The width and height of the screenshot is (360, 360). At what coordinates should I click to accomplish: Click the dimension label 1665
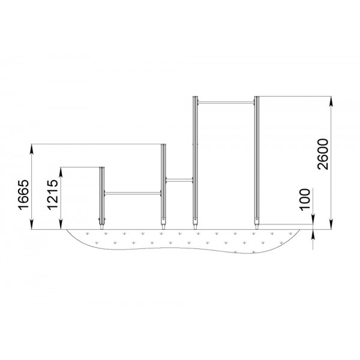pos(24,194)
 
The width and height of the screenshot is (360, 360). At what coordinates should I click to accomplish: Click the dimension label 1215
pos(53,194)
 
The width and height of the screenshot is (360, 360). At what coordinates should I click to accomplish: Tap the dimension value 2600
pos(323,154)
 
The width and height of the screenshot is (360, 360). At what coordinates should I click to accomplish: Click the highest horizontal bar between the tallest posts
pos(226,103)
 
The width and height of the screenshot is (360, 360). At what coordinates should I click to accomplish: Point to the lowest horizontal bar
pos(133,193)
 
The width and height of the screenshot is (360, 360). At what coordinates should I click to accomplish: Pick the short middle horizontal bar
pos(179,180)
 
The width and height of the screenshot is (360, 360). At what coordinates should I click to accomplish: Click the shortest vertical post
pos(102,198)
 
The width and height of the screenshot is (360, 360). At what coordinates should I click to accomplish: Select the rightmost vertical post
pos(257,163)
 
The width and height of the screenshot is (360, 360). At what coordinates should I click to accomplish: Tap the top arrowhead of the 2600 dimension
pos(331,101)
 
